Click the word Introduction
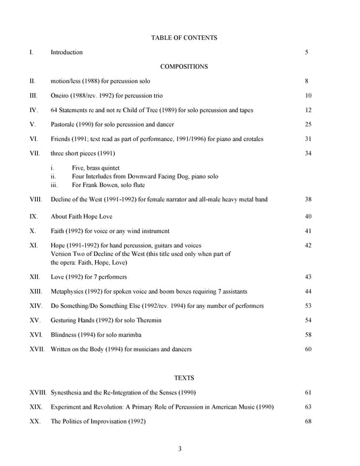tap(67, 52)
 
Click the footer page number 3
tap(180, 449)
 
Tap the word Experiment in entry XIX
tap(69, 407)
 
